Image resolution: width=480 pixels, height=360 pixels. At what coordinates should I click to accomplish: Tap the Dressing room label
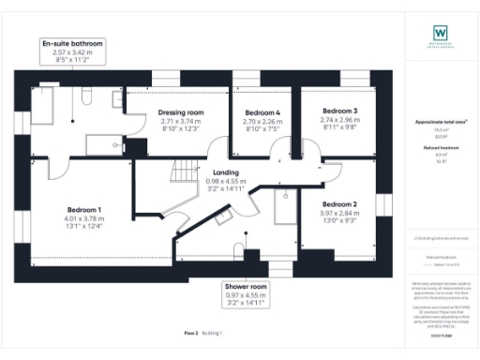click(181, 112)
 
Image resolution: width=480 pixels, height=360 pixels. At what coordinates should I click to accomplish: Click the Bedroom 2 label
click(339, 204)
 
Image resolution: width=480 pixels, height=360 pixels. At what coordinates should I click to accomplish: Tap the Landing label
click(226, 172)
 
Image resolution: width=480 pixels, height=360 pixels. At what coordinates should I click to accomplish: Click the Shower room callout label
click(246, 286)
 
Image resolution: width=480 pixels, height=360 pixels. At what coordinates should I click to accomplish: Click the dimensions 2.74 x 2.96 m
click(339, 121)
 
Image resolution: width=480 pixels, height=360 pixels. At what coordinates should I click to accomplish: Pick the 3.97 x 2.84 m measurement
click(339, 213)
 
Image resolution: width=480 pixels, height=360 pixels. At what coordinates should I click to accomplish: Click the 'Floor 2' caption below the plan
click(190, 333)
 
